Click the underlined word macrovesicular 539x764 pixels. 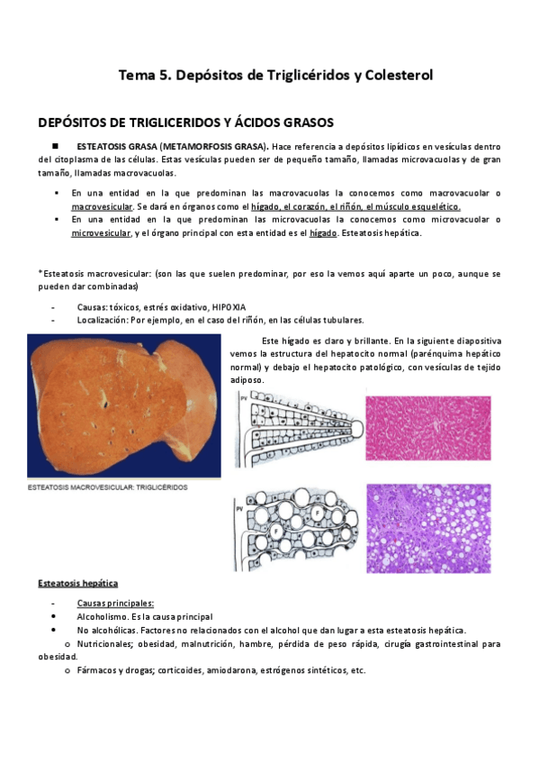[102, 206]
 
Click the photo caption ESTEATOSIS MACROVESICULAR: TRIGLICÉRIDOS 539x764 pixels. [108, 487]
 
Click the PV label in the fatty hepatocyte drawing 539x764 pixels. [239, 507]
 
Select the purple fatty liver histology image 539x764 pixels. [427, 528]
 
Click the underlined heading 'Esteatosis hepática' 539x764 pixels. [77, 584]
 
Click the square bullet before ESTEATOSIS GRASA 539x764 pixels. [55, 146]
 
